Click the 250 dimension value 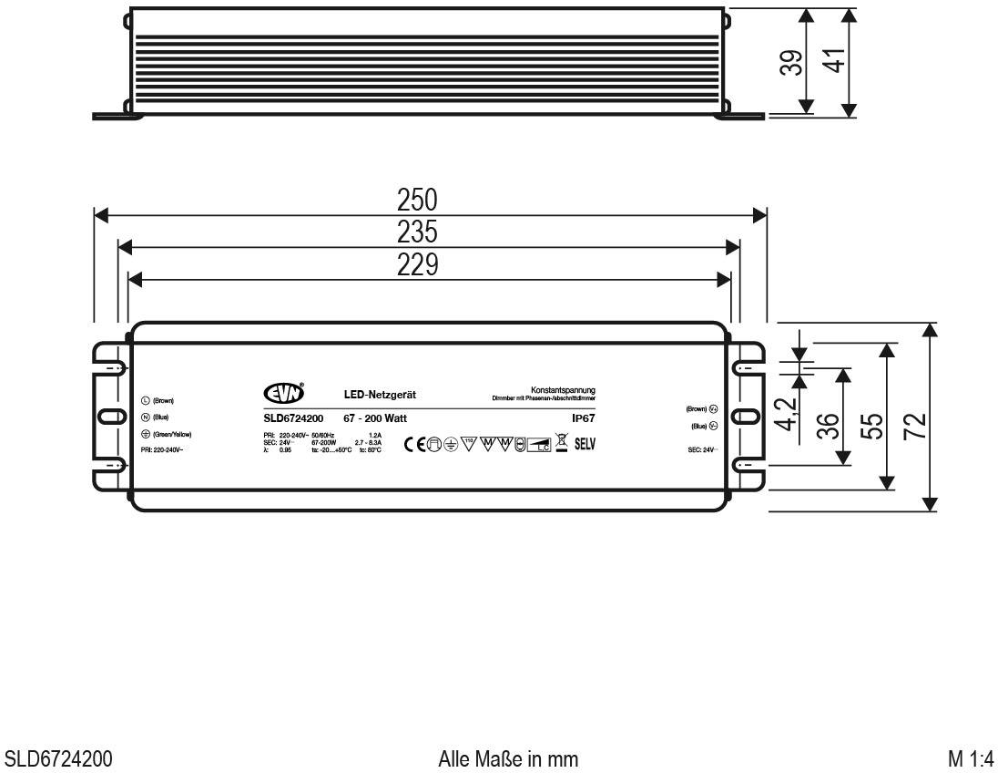tap(418, 200)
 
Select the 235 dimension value tap(418, 232)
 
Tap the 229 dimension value tap(418, 264)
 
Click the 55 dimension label tap(872, 425)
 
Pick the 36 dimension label tap(828, 426)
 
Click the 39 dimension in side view tap(794, 62)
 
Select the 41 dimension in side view tap(834, 62)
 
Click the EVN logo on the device tap(281, 394)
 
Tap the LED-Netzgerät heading tap(380, 395)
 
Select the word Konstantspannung tap(563, 390)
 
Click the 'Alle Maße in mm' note tap(507, 759)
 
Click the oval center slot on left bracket tap(109, 417)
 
